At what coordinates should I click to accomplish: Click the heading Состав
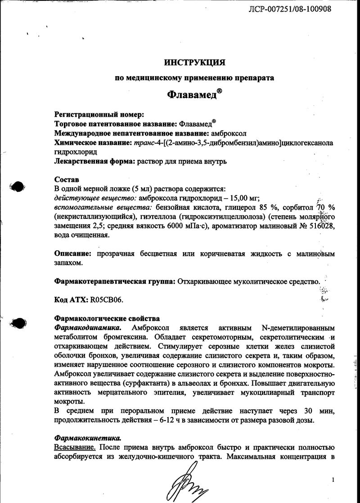tap(66, 179)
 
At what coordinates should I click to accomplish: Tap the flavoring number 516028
tap(319, 226)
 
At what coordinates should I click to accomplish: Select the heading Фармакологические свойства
tap(107, 318)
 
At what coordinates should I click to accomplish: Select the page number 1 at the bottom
tap(333, 480)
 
